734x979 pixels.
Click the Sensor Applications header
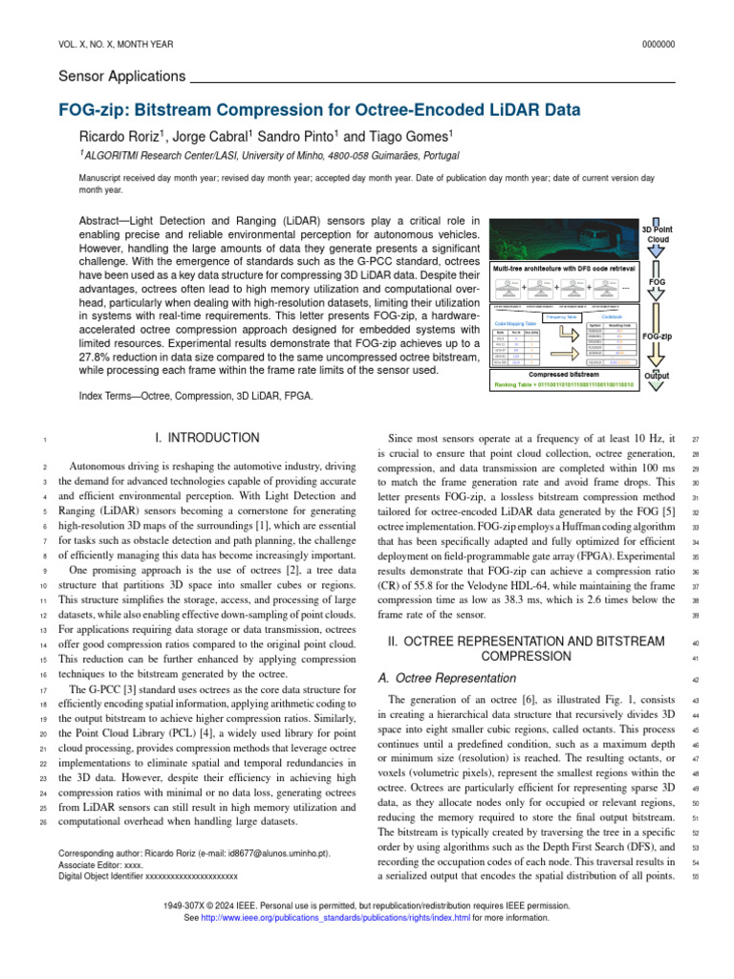tap(121, 76)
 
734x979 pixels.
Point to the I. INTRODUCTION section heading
tap(213, 438)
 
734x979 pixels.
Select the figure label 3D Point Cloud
tap(657, 234)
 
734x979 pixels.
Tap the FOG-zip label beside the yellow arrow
tap(657, 337)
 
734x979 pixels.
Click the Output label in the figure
tap(657, 376)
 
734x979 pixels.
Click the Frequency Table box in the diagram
tap(561, 315)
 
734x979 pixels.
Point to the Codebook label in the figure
tap(613, 315)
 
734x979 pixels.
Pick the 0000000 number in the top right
tap(658, 44)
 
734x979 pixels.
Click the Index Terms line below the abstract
tap(181, 395)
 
